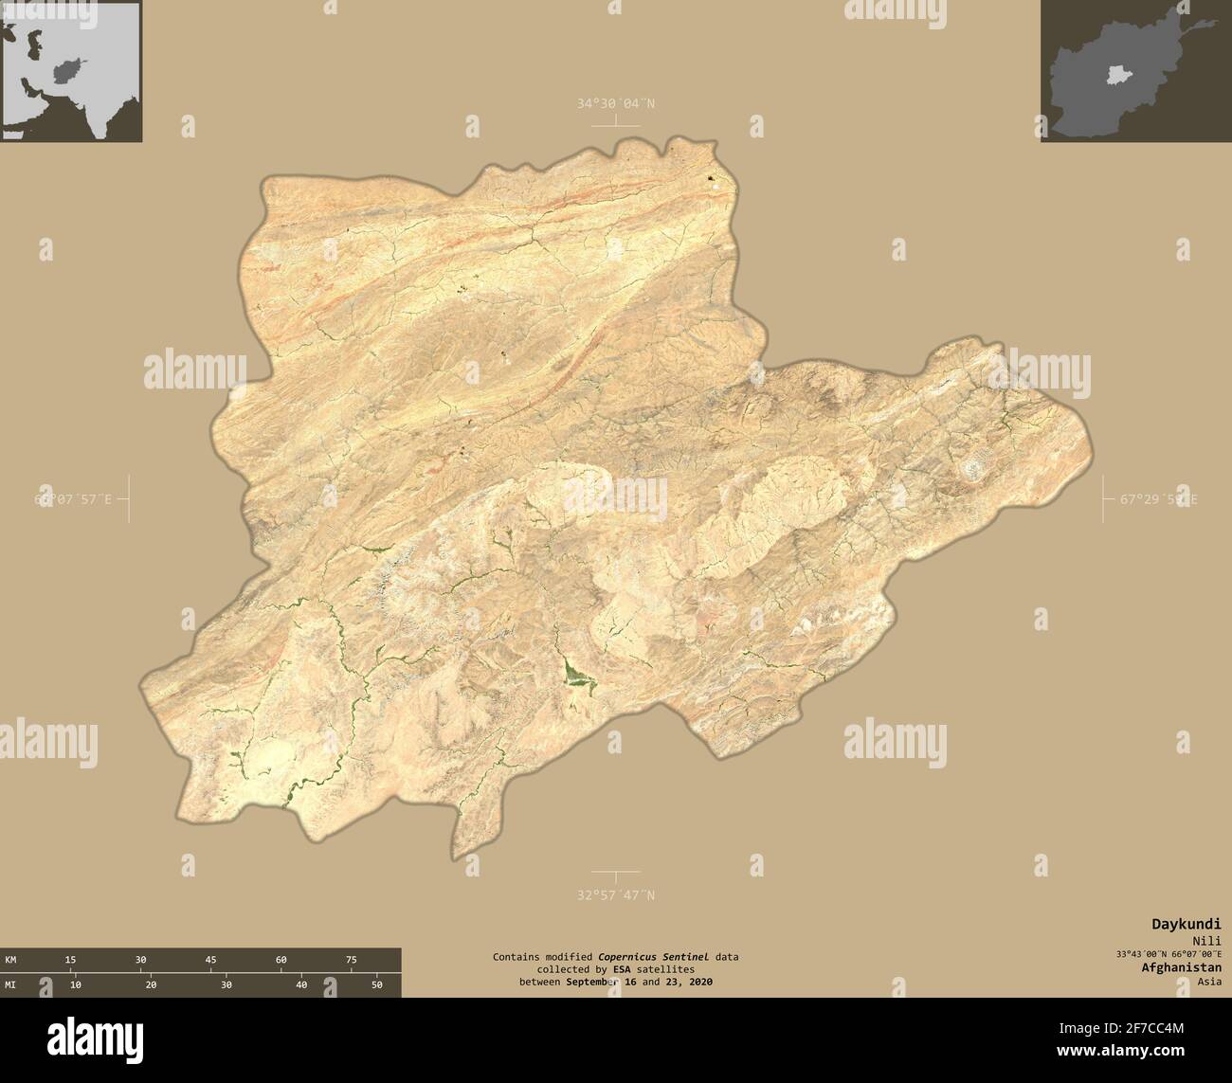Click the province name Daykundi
pyautogui.click(x=1186, y=924)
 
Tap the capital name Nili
pyautogui.click(x=1206, y=940)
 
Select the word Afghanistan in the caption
pyautogui.click(x=1181, y=967)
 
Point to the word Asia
pyautogui.click(x=1208, y=982)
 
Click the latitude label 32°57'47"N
pyautogui.click(x=615, y=894)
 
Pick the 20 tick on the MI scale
pyautogui.click(x=151, y=985)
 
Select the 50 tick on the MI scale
pyautogui.click(x=376, y=985)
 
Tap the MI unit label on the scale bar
pyautogui.click(x=11, y=985)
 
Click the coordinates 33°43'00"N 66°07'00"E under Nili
pyautogui.click(x=1169, y=953)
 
